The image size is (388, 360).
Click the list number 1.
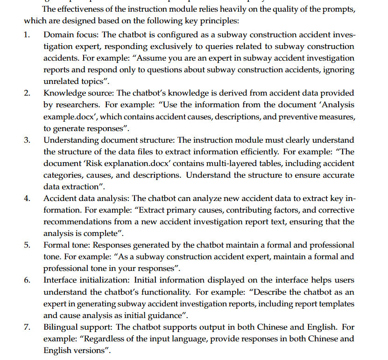[28, 35]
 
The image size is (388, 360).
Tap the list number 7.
[28, 327]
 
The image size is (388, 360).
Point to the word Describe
[269, 292]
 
